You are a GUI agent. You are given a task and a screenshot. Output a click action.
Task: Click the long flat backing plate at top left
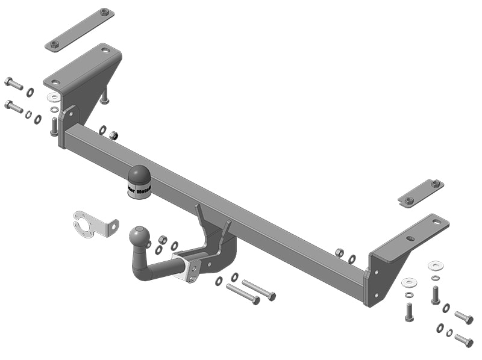point(80,29)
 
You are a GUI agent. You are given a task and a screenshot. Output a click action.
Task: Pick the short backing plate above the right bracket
point(421,191)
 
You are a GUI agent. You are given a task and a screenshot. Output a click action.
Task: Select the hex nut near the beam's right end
point(339,253)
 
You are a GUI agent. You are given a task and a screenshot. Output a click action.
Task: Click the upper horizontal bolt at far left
point(13,83)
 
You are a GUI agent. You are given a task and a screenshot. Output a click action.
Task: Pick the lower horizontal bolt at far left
point(13,107)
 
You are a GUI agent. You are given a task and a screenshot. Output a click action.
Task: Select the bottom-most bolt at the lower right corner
point(463,340)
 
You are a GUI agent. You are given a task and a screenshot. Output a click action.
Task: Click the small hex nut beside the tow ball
point(162,239)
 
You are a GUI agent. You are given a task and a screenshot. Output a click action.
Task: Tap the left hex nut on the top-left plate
point(54,44)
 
